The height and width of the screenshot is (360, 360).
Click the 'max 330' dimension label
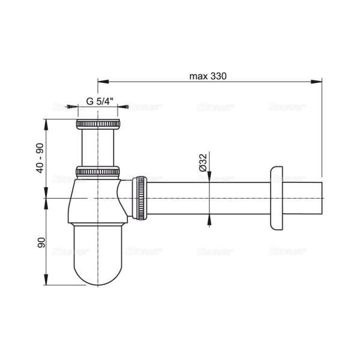(x=209, y=76)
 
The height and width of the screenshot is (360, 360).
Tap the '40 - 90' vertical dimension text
(x=40, y=158)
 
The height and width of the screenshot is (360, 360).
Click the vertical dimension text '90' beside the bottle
(x=41, y=243)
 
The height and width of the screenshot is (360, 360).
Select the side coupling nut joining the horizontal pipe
(x=140, y=197)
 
